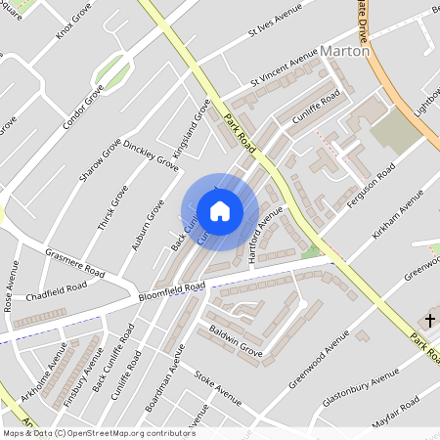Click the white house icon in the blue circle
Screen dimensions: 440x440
220,211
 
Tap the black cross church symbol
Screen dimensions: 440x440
429,321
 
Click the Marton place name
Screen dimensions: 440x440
345,52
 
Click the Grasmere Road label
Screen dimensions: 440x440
74,261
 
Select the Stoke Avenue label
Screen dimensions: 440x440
217,387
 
